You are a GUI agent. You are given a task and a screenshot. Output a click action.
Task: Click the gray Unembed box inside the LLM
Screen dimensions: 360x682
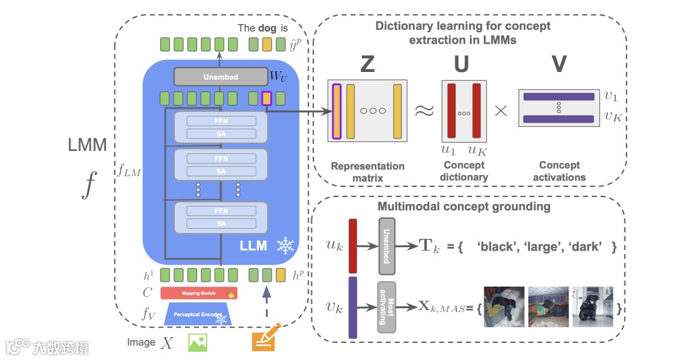(221, 77)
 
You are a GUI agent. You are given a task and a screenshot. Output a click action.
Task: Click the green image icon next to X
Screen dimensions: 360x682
(198, 342)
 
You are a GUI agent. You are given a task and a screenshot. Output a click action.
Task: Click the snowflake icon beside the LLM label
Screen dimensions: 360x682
(286, 245)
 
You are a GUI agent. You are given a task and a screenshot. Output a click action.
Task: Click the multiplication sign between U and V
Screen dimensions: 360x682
(501, 111)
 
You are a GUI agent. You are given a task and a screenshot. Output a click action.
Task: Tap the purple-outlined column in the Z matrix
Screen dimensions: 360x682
(337, 111)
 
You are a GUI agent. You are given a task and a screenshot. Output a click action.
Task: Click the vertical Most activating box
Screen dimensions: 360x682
(386, 307)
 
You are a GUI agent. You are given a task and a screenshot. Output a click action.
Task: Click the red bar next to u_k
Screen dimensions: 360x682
(352, 245)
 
